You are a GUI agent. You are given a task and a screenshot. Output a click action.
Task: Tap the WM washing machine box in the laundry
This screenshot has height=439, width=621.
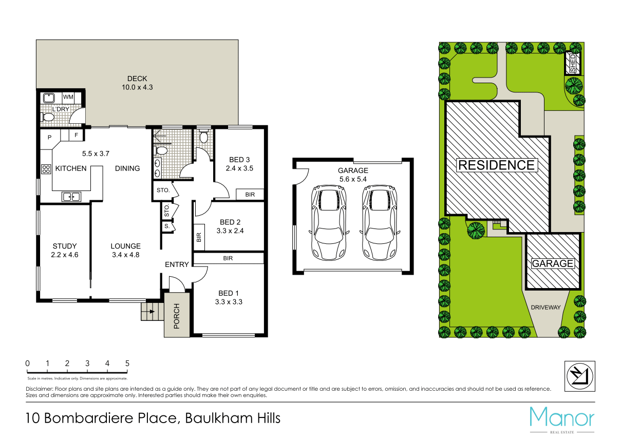[x=68, y=97]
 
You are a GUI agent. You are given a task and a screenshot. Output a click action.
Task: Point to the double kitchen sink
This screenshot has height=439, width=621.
[x=71, y=196]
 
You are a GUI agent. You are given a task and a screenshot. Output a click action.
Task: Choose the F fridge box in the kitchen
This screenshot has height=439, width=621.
[x=76, y=136]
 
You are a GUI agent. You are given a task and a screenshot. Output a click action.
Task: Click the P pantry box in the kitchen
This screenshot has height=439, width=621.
[x=50, y=137]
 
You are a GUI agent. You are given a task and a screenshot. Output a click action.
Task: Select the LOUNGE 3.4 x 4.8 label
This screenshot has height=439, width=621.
[x=125, y=250]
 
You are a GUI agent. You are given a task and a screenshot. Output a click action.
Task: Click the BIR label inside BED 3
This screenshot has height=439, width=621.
[x=250, y=195]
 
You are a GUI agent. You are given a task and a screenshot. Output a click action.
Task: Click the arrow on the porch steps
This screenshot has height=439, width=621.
[x=151, y=311]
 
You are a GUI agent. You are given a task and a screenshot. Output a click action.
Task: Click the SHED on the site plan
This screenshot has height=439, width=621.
[x=574, y=63]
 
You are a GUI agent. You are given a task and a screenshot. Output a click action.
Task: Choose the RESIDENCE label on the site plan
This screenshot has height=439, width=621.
[x=496, y=165]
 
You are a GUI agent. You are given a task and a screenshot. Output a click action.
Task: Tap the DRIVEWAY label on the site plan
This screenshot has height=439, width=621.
[x=545, y=308]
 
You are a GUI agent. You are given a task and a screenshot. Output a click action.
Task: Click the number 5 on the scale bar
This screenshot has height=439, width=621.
[x=127, y=364]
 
